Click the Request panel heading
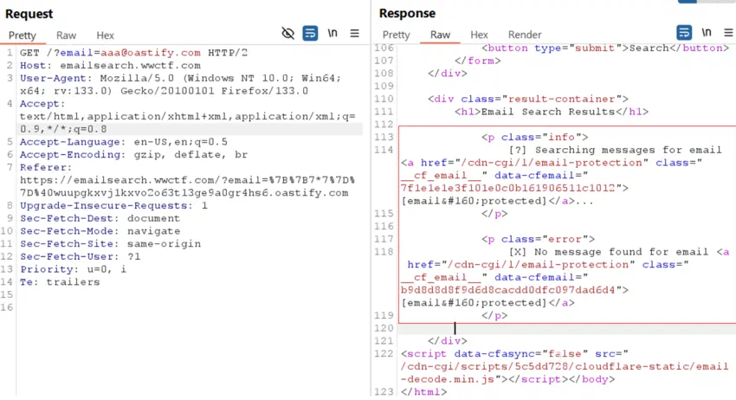(x=29, y=14)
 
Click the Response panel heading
(x=407, y=14)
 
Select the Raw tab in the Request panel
(x=66, y=35)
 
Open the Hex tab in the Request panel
(x=105, y=35)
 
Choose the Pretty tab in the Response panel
(x=397, y=35)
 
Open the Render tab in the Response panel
(x=525, y=35)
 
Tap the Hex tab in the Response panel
(x=479, y=35)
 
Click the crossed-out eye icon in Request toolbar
(x=287, y=33)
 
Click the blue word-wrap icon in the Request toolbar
(x=310, y=33)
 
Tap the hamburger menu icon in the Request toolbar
(x=354, y=33)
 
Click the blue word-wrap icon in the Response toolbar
(x=684, y=32)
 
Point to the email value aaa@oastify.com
(x=150, y=53)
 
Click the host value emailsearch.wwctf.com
(x=131, y=65)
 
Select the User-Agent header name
(x=53, y=78)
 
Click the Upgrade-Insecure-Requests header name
(x=104, y=206)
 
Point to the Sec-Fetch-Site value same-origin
(x=164, y=243)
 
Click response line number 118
(x=384, y=252)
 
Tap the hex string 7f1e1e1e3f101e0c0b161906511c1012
(x=508, y=188)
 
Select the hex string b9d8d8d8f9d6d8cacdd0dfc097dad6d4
(x=508, y=290)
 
